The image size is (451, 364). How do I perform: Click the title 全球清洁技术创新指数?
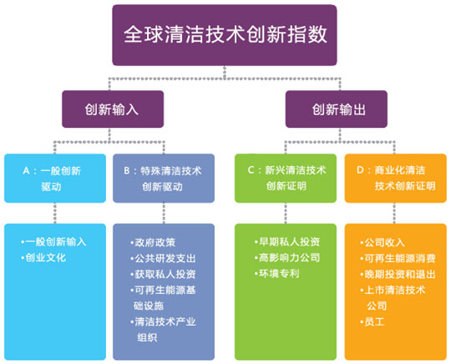(225, 34)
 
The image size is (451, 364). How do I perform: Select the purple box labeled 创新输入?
(113, 109)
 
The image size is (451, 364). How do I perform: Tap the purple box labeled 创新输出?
(337, 109)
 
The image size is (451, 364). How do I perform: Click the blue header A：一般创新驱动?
(55, 179)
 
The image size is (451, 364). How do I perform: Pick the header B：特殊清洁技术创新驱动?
(164, 179)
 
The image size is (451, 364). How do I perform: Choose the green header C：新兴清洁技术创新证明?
(286, 179)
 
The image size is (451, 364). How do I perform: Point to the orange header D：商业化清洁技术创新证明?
(396, 179)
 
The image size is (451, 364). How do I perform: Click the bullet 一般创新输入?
(53, 241)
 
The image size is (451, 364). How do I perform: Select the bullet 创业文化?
(43, 257)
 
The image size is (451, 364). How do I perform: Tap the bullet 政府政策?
(153, 242)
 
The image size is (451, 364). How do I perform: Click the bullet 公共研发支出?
(163, 258)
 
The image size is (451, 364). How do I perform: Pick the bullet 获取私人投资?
(163, 274)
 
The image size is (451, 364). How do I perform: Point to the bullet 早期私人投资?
(287, 241)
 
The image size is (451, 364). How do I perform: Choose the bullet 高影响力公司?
(287, 257)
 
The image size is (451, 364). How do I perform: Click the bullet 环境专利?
(276, 273)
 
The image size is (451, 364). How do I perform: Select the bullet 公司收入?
(383, 242)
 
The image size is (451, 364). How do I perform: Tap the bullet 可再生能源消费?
(398, 258)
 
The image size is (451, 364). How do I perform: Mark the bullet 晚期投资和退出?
(398, 274)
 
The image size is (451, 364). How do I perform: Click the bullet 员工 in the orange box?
(372, 321)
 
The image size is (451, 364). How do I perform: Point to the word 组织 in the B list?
(147, 337)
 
